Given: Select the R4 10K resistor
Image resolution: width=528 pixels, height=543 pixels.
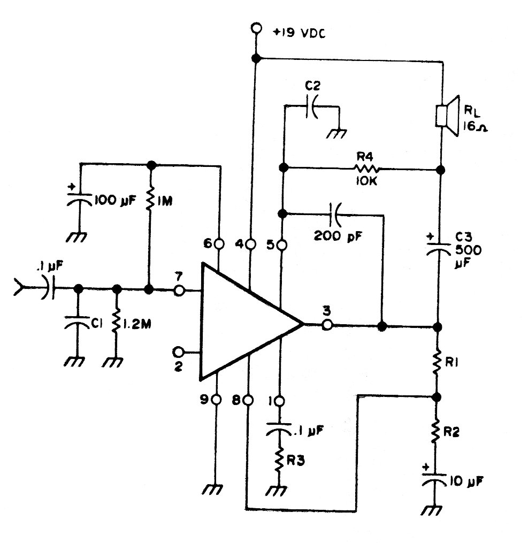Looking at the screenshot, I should coord(366,169).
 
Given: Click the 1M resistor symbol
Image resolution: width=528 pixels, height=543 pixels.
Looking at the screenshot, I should coord(151,201).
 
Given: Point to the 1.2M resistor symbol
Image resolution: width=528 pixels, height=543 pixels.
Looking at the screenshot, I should coord(116,324).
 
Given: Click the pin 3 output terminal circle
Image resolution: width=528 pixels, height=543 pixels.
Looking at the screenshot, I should coord(327,324).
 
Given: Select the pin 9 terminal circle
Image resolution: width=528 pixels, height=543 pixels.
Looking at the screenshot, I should coord(217,399).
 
